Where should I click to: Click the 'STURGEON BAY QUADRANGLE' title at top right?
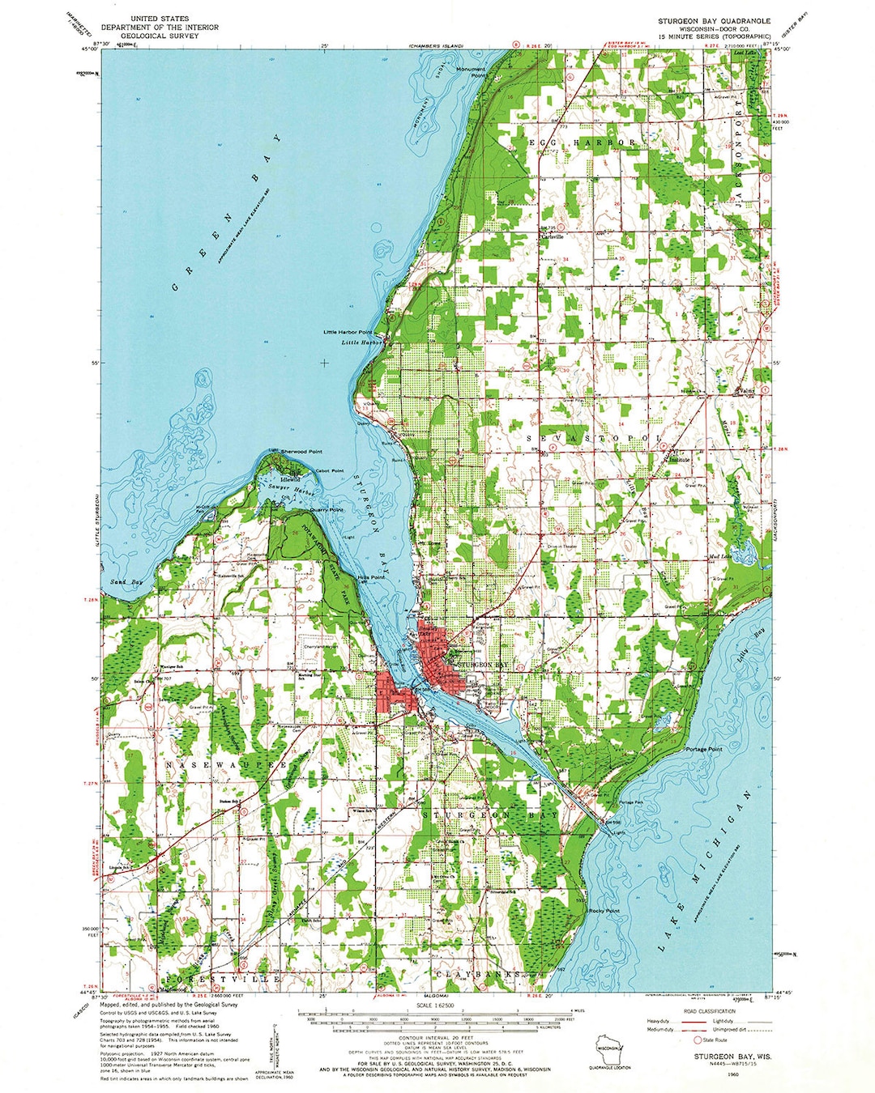[714, 19]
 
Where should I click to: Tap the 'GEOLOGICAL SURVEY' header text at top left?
[159, 36]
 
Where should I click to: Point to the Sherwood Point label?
[301, 451]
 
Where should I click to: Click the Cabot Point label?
[329, 470]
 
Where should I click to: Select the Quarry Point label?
[327, 509]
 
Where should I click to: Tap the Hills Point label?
[371, 577]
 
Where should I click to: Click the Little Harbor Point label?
[348, 332]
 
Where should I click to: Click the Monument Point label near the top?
[471, 72]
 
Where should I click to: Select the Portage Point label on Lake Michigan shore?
[703, 749]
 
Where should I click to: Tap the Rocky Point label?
[604, 911]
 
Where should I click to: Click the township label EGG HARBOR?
[583, 142]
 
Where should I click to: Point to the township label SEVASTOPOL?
[594, 438]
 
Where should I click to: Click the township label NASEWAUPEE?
[226, 764]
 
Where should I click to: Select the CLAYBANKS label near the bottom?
[478, 974]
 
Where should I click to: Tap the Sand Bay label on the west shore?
[126, 582]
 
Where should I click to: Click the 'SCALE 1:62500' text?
[435, 1005]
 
